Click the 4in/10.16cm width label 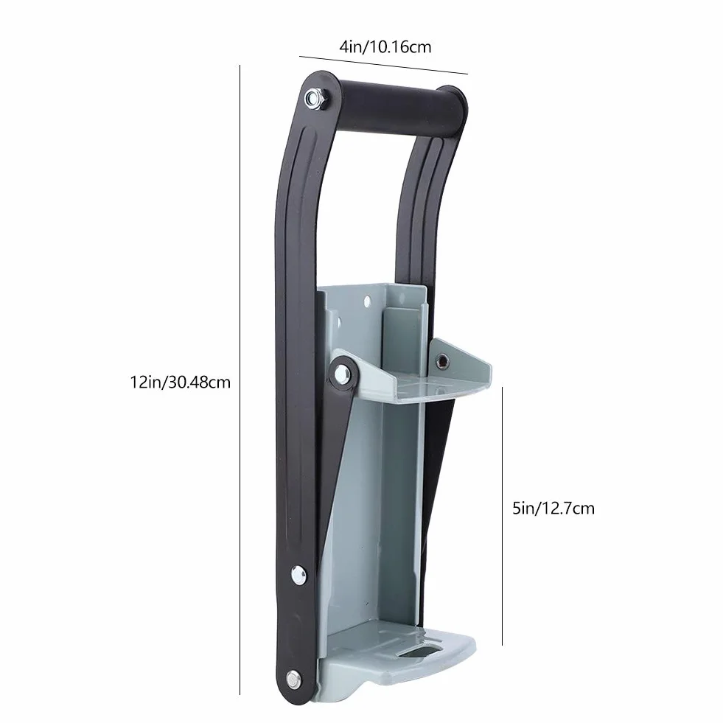pyautogui.click(x=385, y=47)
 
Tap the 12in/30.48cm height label pyautogui.click(x=181, y=383)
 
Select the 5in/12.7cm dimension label pyautogui.click(x=553, y=508)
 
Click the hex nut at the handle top pyautogui.click(x=315, y=97)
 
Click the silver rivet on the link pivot pyautogui.click(x=342, y=372)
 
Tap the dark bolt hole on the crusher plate pyautogui.click(x=443, y=361)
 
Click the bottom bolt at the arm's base pyautogui.click(x=293, y=678)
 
